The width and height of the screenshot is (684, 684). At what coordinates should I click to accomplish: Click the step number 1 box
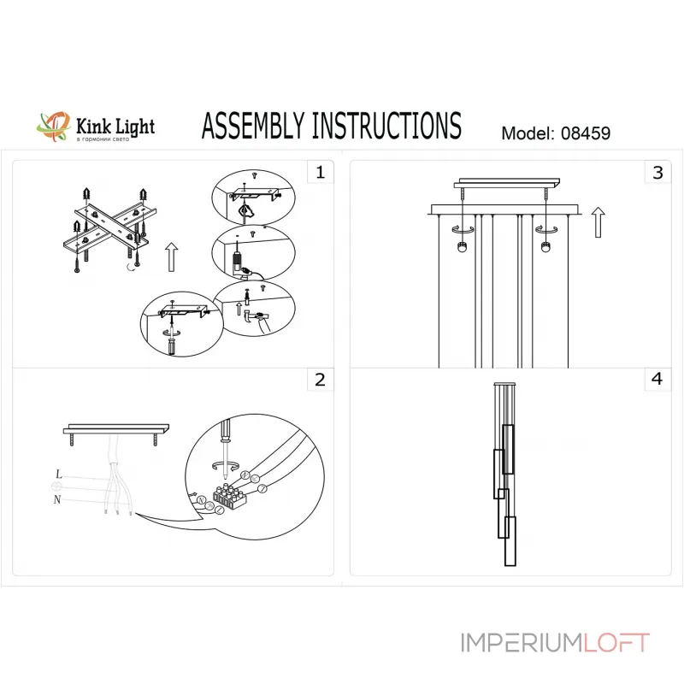point(320,173)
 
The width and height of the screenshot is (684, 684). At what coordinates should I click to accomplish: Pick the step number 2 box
point(320,380)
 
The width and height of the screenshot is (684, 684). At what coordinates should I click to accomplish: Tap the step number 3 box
point(657,173)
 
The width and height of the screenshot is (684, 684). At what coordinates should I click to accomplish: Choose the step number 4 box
point(657,380)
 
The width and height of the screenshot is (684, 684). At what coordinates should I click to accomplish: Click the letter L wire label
point(57,474)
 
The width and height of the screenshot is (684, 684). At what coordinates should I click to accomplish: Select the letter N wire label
point(57,501)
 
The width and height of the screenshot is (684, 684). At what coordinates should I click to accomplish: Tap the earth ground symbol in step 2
point(57,487)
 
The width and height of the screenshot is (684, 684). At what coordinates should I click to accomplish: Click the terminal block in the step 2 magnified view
point(228,496)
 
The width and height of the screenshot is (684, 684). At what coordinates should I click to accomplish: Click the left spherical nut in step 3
point(462,248)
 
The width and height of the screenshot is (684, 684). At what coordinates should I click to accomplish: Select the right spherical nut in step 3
point(545,248)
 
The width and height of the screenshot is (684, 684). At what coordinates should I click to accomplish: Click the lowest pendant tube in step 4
point(510,541)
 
